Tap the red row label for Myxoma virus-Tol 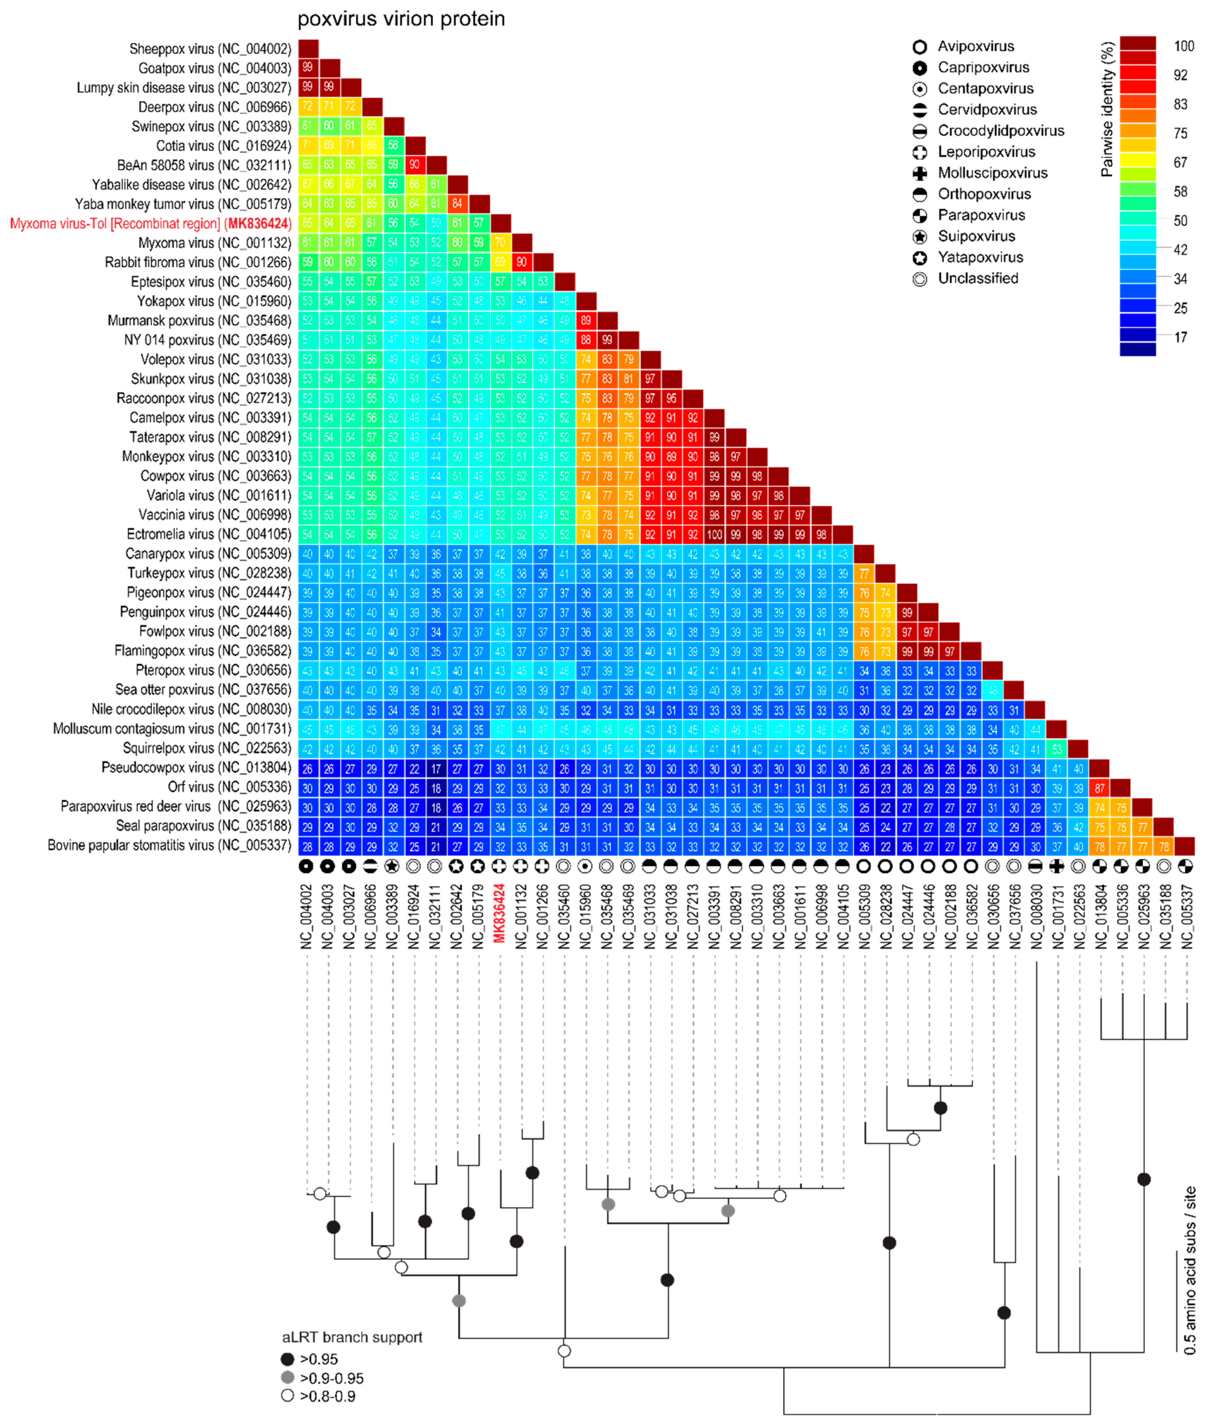click(150, 224)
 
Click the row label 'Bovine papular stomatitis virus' click(170, 846)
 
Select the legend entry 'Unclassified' click(978, 278)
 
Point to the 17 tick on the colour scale click(1180, 337)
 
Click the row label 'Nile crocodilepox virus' click(191, 710)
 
